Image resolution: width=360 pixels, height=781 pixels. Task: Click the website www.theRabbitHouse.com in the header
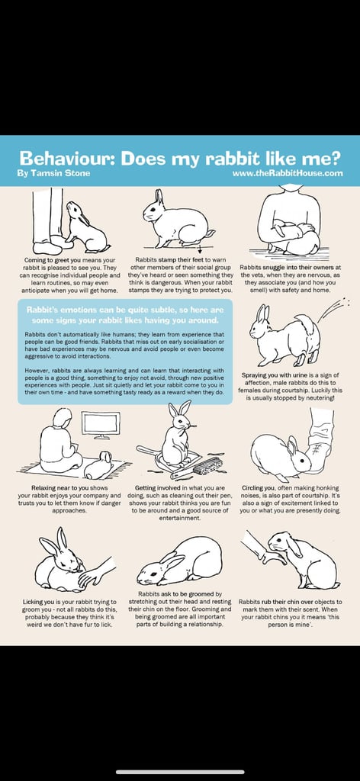(288, 173)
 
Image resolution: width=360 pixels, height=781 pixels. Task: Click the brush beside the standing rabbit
(207, 465)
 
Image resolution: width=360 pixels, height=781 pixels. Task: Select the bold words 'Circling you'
(258, 488)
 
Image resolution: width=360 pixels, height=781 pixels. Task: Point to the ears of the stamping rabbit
(159, 197)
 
